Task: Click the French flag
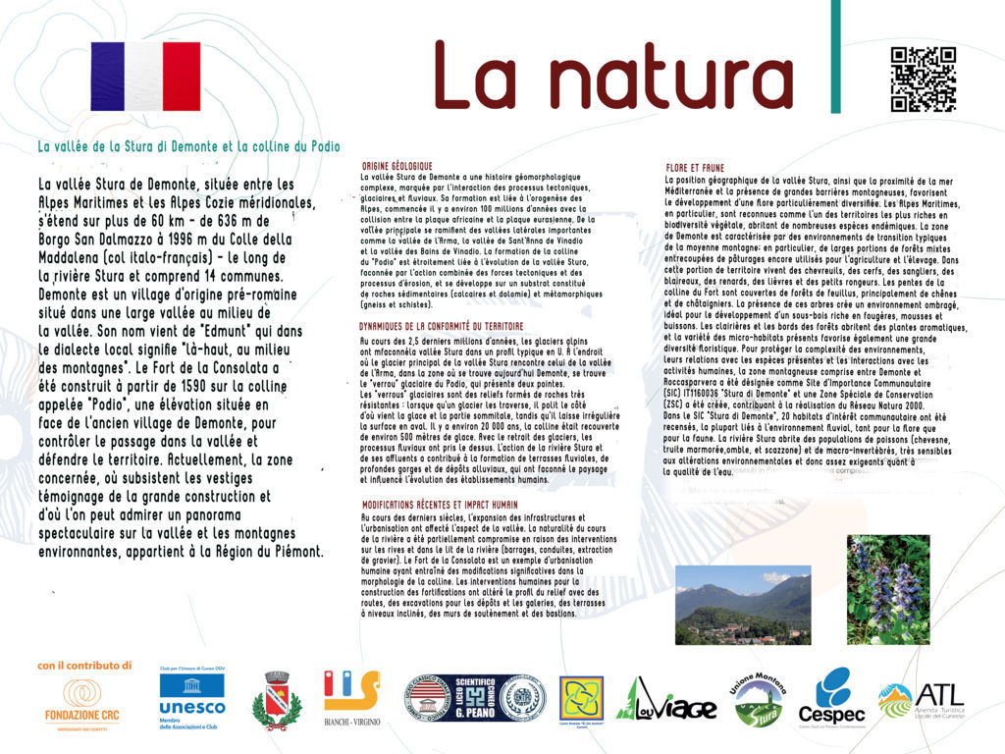(x=145, y=77)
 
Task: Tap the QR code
(x=922, y=80)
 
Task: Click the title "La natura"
(x=613, y=76)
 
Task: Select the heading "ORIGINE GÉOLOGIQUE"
(x=397, y=166)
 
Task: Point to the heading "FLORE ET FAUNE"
(x=695, y=169)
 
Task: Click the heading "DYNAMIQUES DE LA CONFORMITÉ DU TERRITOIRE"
(x=441, y=325)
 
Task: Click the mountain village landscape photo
(x=743, y=605)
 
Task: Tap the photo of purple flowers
(x=887, y=589)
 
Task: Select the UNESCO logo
(x=191, y=699)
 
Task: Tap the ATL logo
(x=922, y=700)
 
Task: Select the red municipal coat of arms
(x=276, y=701)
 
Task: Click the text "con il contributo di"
(x=84, y=665)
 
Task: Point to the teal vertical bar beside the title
(x=835, y=57)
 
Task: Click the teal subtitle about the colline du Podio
(x=188, y=146)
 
